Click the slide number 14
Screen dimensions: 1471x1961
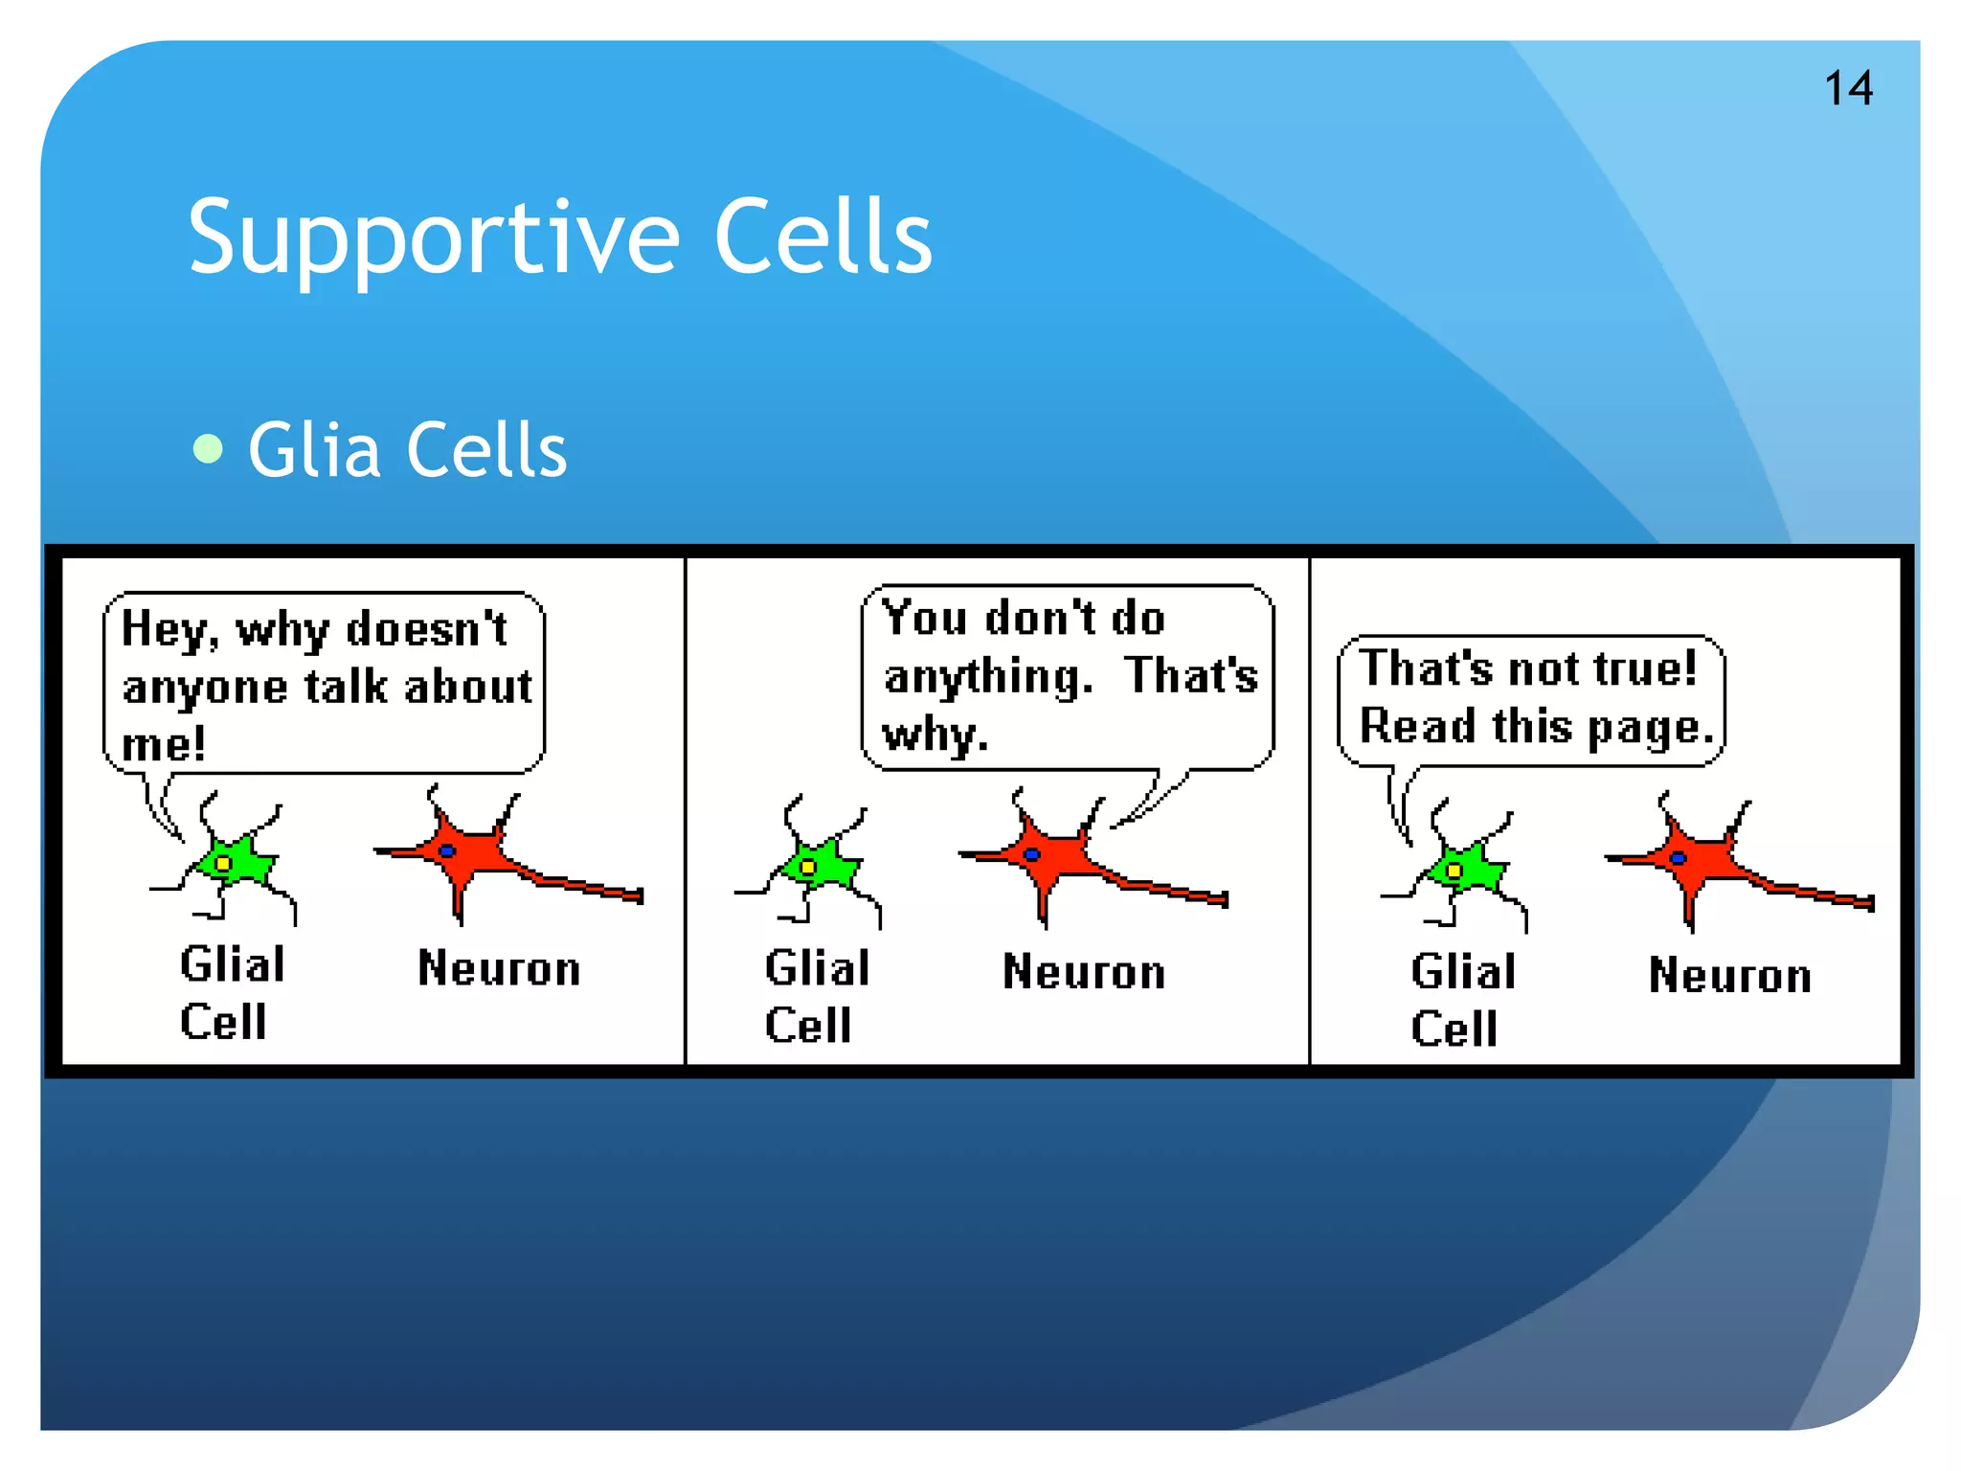click(x=1848, y=89)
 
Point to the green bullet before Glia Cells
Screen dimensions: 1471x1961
click(x=208, y=448)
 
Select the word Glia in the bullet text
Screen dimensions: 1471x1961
click(x=315, y=450)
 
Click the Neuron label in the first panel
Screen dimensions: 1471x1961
click(x=499, y=968)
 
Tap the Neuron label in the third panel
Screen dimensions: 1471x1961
click(x=1729, y=976)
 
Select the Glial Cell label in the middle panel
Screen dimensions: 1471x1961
click(x=816, y=996)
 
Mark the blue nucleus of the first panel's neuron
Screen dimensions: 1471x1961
click(x=446, y=850)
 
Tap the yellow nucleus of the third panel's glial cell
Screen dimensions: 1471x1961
click(x=1454, y=871)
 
